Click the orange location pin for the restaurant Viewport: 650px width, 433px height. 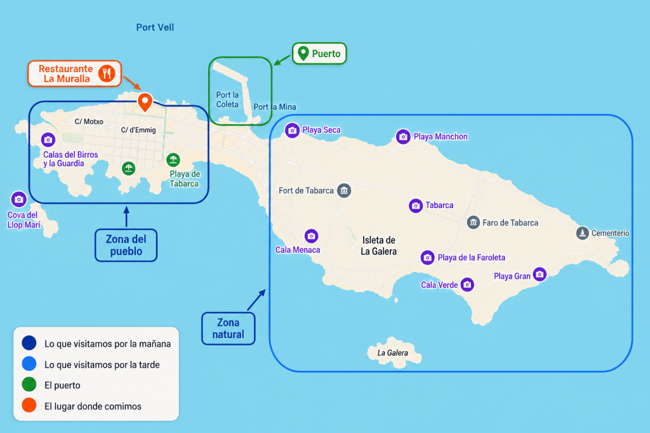pos(145,102)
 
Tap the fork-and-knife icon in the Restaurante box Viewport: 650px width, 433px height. pos(107,74)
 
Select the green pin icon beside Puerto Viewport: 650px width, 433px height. pos(303,53)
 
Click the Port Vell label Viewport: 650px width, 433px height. pos(155,27)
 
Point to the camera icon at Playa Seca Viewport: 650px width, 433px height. pos(292,131)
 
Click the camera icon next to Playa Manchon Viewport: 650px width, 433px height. pos(403,136)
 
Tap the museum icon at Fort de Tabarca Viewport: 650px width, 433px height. pos(343,190)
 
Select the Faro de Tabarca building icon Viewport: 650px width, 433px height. pos(474,223)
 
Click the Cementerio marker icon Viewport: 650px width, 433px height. pos(583,233)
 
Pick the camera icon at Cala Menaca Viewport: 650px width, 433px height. pos(311,236)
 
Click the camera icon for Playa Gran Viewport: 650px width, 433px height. pos(540,274)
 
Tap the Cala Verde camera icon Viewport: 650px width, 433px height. pos(467,285)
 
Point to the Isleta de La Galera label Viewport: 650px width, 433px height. pos(378,245)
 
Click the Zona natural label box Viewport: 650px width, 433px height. pos(229,328)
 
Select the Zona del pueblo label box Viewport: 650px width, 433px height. pos(126,245)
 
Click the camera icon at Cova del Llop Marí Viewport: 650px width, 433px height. pos(18,200)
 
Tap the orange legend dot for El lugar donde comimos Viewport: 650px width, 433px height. pos(29,405)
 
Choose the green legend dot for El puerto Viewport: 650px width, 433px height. pos(29,384)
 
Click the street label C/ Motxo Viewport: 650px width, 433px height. pos(89,122)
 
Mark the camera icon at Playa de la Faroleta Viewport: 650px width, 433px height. pos(427,257)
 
